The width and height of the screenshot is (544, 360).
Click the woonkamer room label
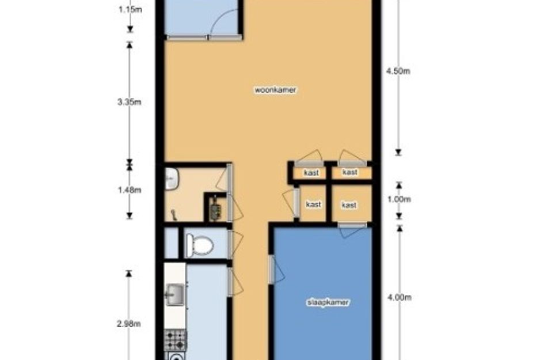coord(276,90)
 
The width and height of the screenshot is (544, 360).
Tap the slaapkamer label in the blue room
coord(328,302)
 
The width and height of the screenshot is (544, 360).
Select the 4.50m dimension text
coord(398,71)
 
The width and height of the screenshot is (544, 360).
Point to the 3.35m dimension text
coord(130,102)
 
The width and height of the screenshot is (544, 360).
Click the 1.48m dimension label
coord(130,190)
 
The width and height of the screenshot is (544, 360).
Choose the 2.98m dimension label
coord(129,324)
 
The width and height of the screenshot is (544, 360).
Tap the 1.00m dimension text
coord(399,199)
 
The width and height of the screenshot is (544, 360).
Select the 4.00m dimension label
coord(400,298)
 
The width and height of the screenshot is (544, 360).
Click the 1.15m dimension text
coord(130,9)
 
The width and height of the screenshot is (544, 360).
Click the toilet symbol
coord(200,245)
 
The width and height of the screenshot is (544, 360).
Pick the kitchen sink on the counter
coord(175,295)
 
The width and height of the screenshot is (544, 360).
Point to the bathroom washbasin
coord(172,179)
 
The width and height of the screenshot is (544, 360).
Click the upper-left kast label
coord(311,173)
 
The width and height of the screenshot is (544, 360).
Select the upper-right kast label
coord(350,172)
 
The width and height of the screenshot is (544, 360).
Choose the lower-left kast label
coord(314,204)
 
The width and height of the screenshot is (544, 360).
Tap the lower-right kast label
coord(349,205)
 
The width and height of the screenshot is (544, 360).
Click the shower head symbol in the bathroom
coord(173,215)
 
